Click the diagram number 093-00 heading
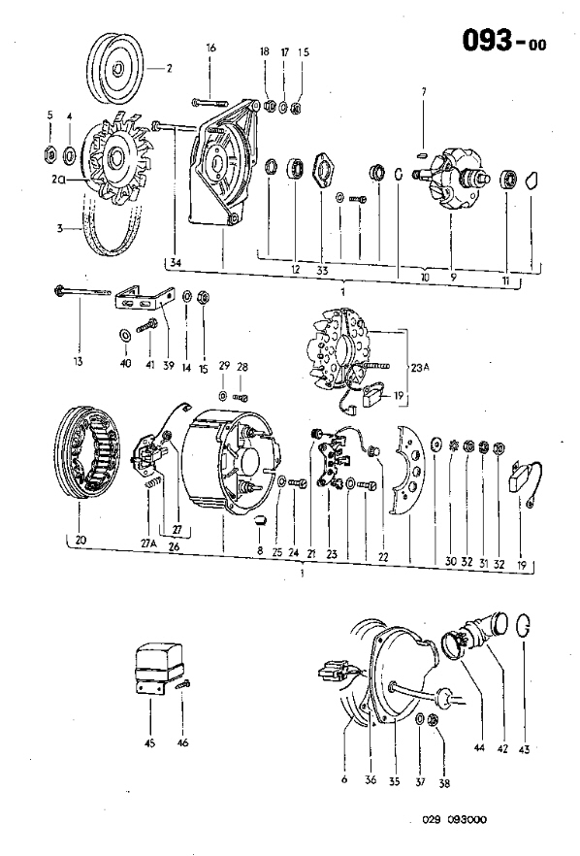(504, 41)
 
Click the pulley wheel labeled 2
(116, 69)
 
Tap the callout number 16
(211, 48)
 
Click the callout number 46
(182, 742)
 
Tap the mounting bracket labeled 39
(145, 298)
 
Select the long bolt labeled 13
(82, 292)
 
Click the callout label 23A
(420, 368)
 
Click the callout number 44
(479, 747)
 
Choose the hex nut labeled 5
(49, 155)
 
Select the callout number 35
(394, 781)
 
